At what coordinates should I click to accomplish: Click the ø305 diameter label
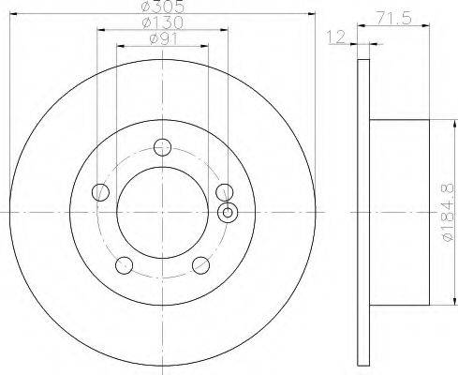[163, 7]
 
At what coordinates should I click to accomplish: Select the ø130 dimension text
[163, 22]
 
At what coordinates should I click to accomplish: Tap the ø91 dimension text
[163, 39]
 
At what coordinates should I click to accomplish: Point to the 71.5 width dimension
[393, 19]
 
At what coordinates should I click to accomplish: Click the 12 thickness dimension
[336, 37]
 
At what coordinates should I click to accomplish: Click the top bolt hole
[163, 147]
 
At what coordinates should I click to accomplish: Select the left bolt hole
[100, 192]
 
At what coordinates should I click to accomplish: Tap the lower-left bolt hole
[125, 265]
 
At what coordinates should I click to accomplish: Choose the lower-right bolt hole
[200, 265]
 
